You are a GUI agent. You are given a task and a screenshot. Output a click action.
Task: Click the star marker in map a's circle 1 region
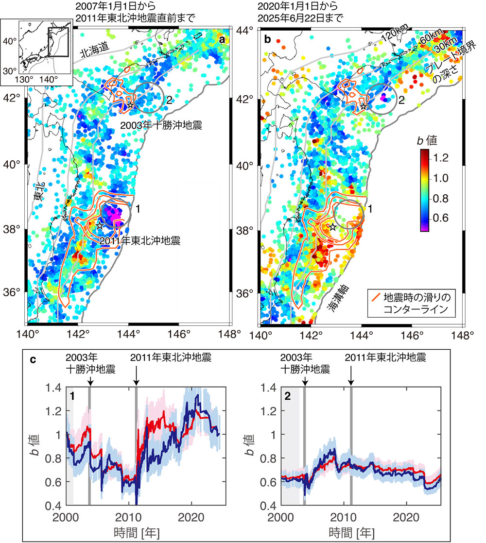click(100, 225)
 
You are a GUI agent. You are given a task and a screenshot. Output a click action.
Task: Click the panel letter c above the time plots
click(33, 361)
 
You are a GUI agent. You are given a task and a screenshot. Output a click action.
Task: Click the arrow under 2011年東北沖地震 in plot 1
click(137, 375)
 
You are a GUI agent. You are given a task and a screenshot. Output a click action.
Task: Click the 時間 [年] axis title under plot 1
click(144, 530)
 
